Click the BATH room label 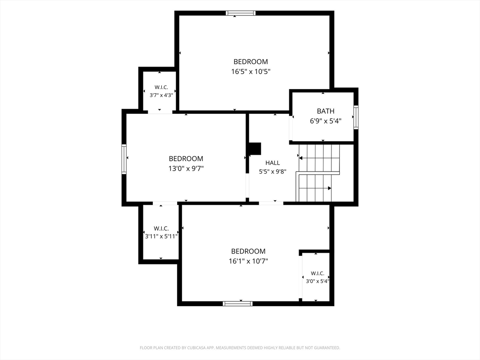click(x=325, y=111)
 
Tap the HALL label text click(x=272, y=163)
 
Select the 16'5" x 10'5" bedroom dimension click(x=251, y=72)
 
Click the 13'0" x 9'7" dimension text click(x=186, y=168)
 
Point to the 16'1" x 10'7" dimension click(x=248, y=261)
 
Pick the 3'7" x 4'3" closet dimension click(x=161, y=95)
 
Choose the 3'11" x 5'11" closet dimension click(x=161, y=236)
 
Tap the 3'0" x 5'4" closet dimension click(x=317, y=281)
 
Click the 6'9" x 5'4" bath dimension click(x=325, y=121)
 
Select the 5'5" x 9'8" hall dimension click(x=272, y=172)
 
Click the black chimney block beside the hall click(x=255, y=149)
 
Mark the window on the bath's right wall click(x=356, y=117)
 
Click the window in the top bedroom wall click(x=240, y=13)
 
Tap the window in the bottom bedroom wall click(x=238, y=304)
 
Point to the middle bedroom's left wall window click(x=124, y=159)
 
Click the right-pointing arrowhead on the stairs click(x=330, y=188)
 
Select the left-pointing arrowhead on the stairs click(x=300, y=158)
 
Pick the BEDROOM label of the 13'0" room click(x=186, y=158)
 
